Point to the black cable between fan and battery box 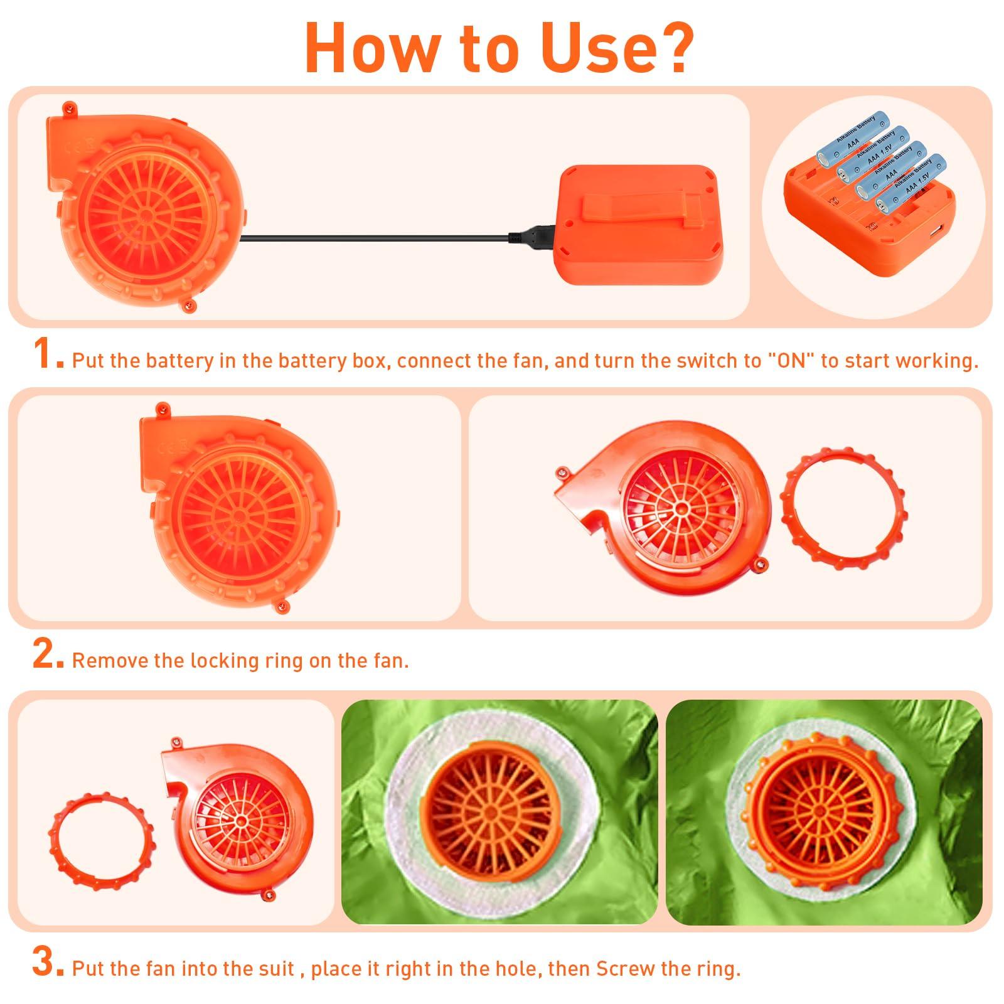376,237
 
